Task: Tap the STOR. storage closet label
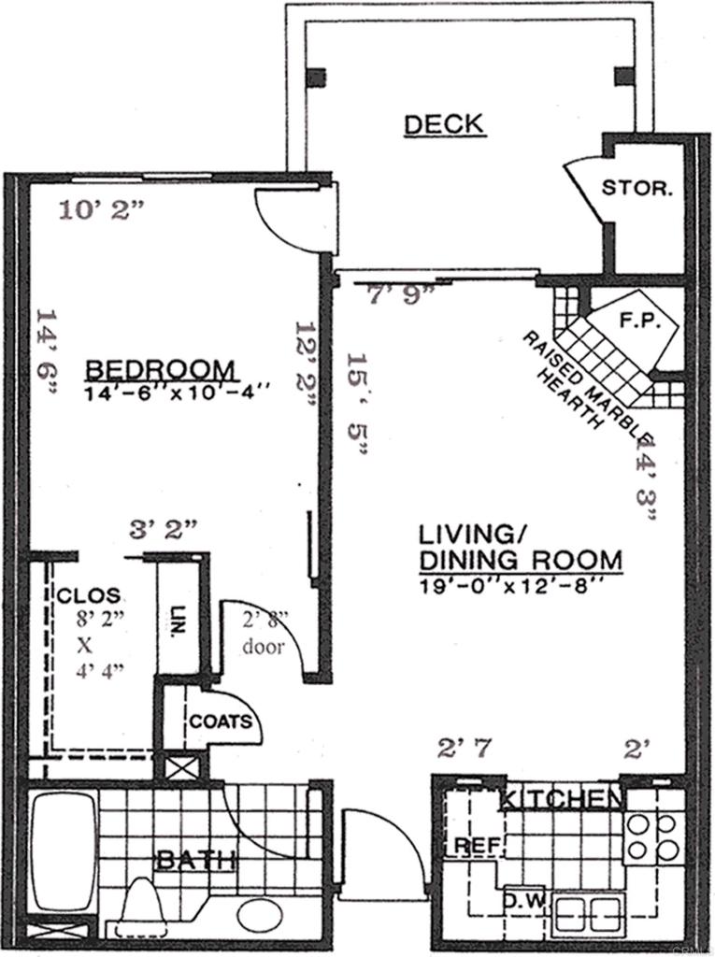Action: click(636, 188)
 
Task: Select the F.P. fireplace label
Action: click(640, 321)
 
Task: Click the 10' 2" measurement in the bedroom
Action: click(102, 210)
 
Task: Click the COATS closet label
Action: click(221, 721)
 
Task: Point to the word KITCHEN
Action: click(560, 799)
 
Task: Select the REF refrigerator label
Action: click(473, 846)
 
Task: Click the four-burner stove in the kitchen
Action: click(651, 837)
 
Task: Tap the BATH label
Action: click(194, 861)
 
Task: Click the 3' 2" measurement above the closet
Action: click(164, 529)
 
